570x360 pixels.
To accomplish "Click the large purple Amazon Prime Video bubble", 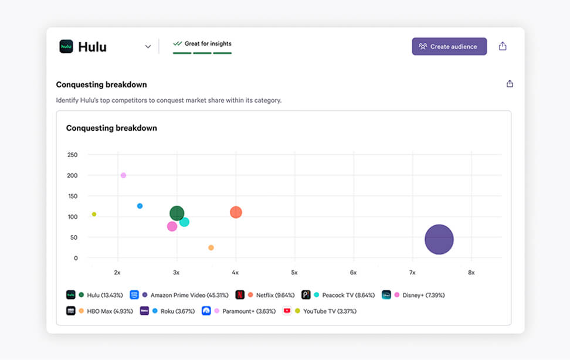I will click(x=439, y=239).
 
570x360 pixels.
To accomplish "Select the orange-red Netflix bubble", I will click(x=236, y=212).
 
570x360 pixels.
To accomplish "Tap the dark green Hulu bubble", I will click(x=177, y=213).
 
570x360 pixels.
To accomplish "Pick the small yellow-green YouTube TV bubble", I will click(x=94, y=214).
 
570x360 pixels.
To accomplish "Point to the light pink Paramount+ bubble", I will click(x=123, y=175).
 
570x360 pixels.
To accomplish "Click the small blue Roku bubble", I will click(x=140, y=206).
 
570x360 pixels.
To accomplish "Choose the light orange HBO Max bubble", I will click(x=211, y=247).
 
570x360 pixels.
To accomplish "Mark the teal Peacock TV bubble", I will click(x=184, y=222).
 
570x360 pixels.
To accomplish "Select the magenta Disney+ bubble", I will click(x=172, y=226).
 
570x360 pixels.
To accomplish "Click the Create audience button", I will click(x=449, y=46).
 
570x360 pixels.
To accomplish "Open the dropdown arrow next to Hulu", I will click(x=148, y=47).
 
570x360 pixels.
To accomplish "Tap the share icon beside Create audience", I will click(x=503, y=46).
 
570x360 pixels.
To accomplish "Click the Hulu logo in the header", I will click(x=66, y=46).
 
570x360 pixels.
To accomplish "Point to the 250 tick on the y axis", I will click(x=73, y=155).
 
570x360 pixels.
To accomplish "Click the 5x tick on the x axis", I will click(x=294, y=273).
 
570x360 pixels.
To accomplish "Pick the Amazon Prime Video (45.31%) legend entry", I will click(x=180, y=295).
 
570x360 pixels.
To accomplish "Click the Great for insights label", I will click(x=208, y=43).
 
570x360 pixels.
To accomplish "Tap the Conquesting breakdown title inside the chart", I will click(x=111, y=128).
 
